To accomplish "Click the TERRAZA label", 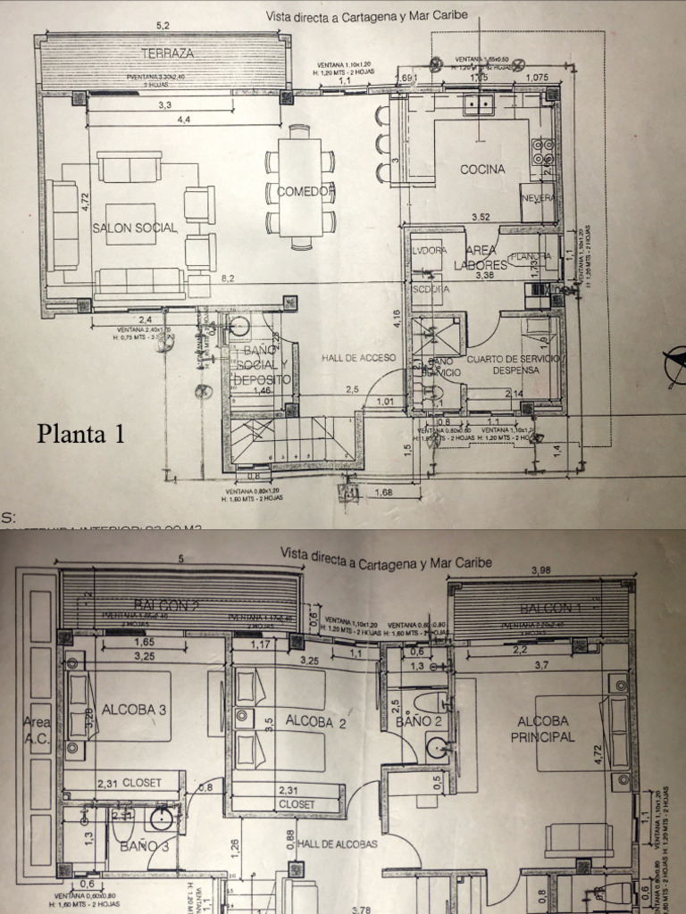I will click(x=167, y=54).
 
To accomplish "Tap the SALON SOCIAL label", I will click(x=135, y=228).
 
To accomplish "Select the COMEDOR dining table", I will click(x=300, y=190).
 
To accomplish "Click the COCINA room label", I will click(x=482, y=169).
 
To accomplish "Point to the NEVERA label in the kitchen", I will click(x=538, y=197).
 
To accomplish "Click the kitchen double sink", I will click(x=480, y=105).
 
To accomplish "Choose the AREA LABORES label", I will click(x=480, y=258).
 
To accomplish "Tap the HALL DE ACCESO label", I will click(x=358, y=358).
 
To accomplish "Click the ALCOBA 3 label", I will click(x=134, y=710).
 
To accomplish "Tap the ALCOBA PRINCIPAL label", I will click(x=542, y=729).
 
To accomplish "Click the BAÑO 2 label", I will click(x=419, y=720).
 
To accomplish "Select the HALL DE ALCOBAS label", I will click(x=337, y=843).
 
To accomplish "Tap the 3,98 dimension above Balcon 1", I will click(x=543, y=569).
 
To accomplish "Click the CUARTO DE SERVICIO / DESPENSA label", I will click(x=511, y=364).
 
